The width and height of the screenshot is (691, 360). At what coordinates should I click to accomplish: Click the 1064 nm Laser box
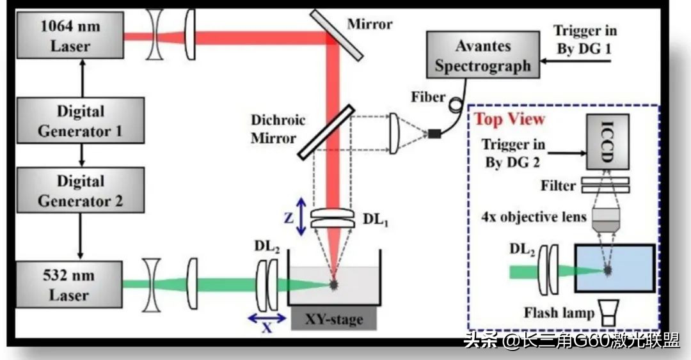pyautogui.click(x=70, y=35)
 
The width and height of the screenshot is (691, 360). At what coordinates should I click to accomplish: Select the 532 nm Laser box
pyautogui.click(x=69, y=284)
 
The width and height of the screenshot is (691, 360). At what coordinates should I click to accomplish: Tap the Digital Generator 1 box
pyautogui.click(x=81, y=120)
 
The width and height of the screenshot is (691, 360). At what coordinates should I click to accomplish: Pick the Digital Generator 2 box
pyautogui.click(x=81, y=191)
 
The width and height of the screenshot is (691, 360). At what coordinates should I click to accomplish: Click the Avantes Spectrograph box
pyautogui.click(x=483, y=55)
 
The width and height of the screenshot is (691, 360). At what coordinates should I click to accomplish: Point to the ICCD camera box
pyautogui.click(x=608, y=141)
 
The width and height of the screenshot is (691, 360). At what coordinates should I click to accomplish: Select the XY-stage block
pyautogui.click(x=334, y=318)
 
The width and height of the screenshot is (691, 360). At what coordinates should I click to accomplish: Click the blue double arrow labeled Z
pyautogui.click(x=301, y=216)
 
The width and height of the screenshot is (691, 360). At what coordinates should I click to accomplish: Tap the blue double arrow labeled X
pyautogui.click(x=267, y=318)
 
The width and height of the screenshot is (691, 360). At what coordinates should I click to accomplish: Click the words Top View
pyautogui.click(x=509, y=119)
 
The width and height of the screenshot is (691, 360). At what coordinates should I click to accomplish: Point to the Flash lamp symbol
pyautogui.click(x=608, y=313)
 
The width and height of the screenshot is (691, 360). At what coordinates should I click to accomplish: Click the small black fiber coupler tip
pyautogui.click(x=434, y=133)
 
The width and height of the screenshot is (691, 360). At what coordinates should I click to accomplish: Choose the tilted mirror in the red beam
pyautogui.click(x=337, y=35)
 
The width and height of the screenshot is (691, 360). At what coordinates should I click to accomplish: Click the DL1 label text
pyautogui.click(x=376, y=219)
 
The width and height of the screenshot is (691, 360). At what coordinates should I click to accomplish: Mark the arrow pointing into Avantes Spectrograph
pyautogui.click(x=576, y=60)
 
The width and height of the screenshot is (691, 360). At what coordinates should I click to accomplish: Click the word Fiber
pyautogui.click(x=428, y=97)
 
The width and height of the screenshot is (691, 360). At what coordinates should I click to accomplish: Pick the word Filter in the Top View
pyautogui.click(x=558, y=186)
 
